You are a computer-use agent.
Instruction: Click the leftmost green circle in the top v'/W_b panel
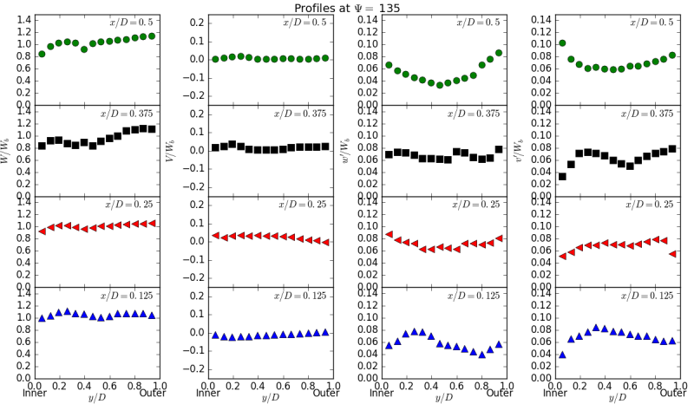tap(562, 42)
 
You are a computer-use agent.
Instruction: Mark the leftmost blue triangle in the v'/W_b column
tap(562, 354)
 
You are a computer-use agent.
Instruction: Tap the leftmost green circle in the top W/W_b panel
tap(42, 54)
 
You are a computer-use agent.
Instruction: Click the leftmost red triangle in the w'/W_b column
tap(389, 234)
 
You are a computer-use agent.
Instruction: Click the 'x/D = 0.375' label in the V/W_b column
tap(304, 114)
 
